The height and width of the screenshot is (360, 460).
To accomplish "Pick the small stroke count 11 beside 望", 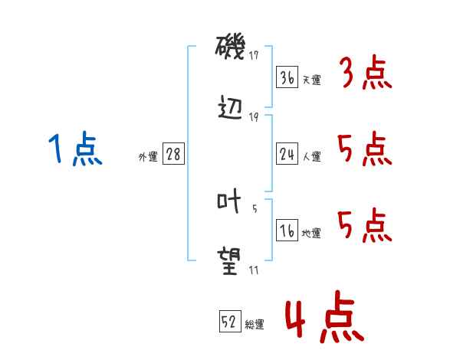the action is click(254, 269).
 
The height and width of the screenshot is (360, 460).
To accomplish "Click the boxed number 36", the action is click(287, 77).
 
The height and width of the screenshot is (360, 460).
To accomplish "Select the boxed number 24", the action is click(287, 154).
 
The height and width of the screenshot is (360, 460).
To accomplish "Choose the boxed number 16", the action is click(287, 231).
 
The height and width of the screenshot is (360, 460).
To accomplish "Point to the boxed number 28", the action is click(173, 154).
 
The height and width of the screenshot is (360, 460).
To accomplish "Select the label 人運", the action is click(311, 157).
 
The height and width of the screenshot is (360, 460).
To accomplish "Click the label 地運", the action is click(311, 234).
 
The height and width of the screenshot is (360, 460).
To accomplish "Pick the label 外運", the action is click(148, 157).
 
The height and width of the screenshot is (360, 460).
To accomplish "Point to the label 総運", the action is click(255, 325).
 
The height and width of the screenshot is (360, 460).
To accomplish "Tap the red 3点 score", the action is click(365, 74).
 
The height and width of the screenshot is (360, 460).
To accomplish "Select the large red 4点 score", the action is click(324, 320).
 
